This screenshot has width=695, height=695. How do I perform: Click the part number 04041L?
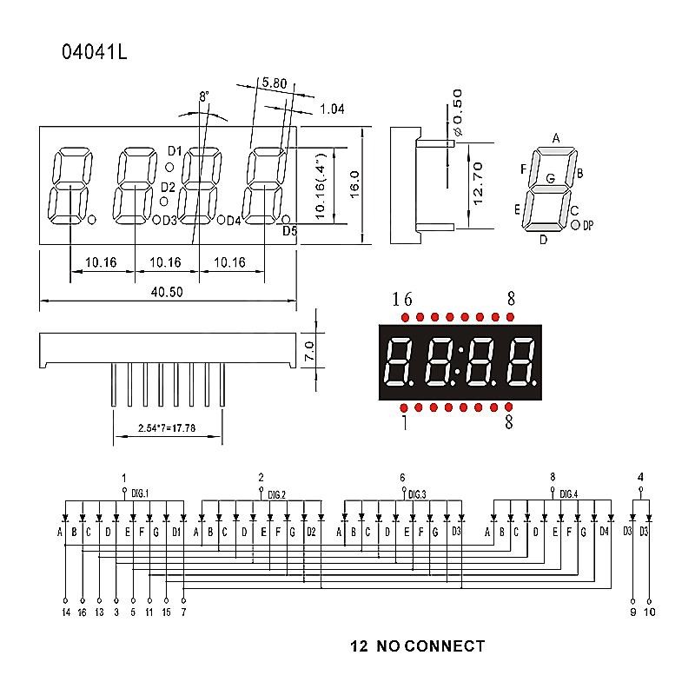(x=95, y=52)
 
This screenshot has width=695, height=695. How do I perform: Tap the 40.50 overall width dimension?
(x=167, y=292)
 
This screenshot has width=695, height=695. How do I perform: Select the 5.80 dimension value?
(x=274, y=83)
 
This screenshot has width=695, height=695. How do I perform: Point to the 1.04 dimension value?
(x=332, y=109)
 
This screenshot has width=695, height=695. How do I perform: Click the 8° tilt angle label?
(x=204, y=96)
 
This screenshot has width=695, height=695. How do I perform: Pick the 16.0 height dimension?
(x=354, y=184)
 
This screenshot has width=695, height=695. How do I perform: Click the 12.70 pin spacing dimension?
(x=478, y=183)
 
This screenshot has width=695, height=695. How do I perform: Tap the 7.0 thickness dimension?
(x=309, y=350)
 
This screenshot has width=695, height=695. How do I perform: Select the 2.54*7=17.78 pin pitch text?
(x=167, y=428)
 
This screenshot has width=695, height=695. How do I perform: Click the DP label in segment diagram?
(x=588, y=225)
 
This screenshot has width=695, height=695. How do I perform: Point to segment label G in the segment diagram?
(x=551, y=178)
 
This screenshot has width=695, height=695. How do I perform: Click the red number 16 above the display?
(x=402, y=299)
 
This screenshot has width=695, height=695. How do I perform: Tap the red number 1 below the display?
(x=405, y=422)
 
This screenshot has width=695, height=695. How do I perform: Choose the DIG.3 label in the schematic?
(x=417, y=494)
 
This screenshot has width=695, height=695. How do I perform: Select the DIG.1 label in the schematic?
(x=140, y=493)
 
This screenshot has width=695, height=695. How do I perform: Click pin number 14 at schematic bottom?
(x=66, y=612)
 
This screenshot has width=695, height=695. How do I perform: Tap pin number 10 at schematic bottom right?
(x=649, y=612)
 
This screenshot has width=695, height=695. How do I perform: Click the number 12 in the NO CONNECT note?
(x=359, y=645)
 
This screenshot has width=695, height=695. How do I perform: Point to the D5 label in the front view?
(x=290, y=230)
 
